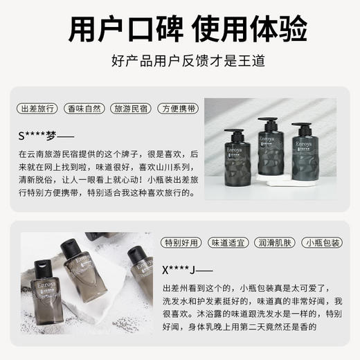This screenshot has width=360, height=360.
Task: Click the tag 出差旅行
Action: [x=37, y=109]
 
